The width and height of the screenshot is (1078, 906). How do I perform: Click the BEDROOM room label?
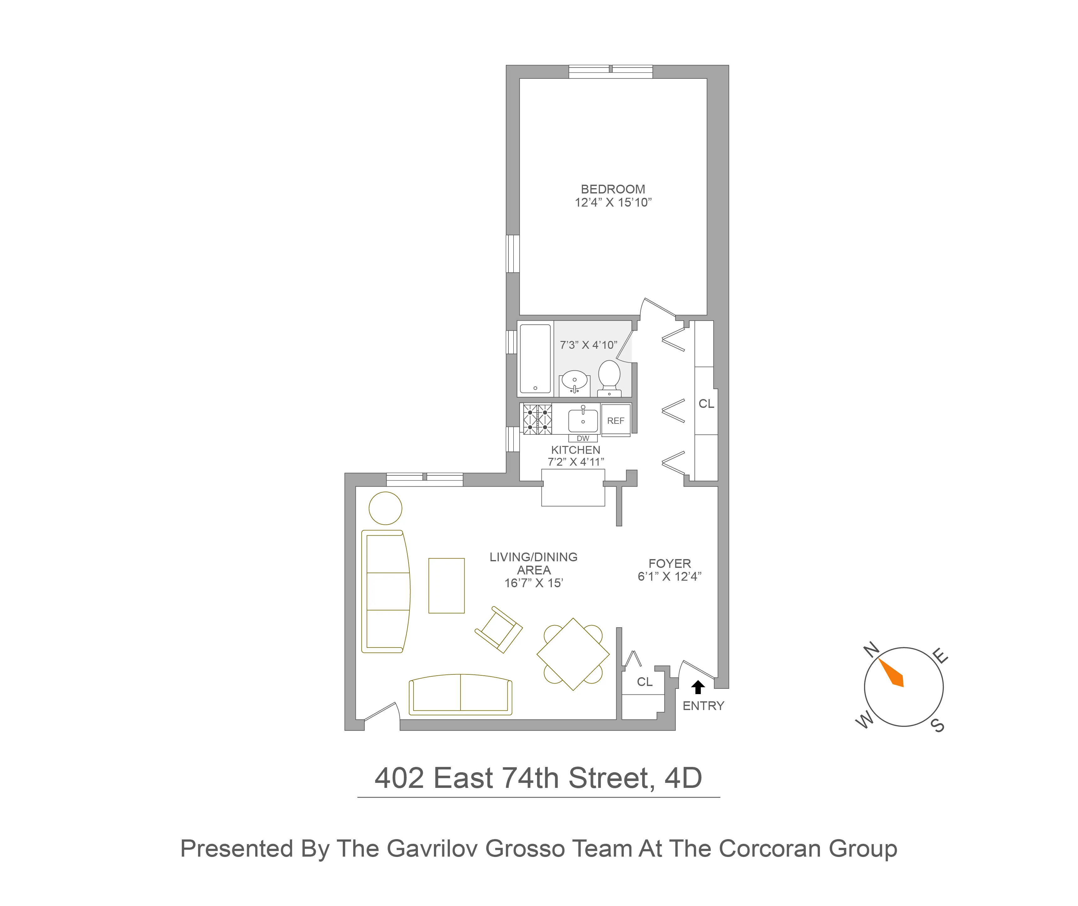pos(613,189)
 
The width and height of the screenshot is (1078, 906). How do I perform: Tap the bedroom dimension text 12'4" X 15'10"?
pos(613,203)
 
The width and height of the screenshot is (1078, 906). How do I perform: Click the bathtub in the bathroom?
pos(535,358)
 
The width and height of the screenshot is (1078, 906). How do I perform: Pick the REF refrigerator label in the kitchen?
pos(615,421)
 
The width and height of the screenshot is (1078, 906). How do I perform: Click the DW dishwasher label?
pos(583,438)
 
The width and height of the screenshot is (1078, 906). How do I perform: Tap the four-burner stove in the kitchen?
pos(537,419)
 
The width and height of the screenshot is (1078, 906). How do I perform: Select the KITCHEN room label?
pos(576,450)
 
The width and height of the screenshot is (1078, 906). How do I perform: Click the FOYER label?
pos(669,563)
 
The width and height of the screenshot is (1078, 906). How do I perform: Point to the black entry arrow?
pos(698,687)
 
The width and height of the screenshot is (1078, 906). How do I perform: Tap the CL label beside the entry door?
pos(645,682)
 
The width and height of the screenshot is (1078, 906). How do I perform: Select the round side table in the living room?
pos(385,508)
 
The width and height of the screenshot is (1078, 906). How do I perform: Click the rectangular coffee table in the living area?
pos(446,586)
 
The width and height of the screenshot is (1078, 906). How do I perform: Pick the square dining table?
pos(573,654)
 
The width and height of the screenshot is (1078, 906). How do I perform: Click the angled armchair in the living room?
pos(498,630)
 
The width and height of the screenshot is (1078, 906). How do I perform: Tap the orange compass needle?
pos(892,673)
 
